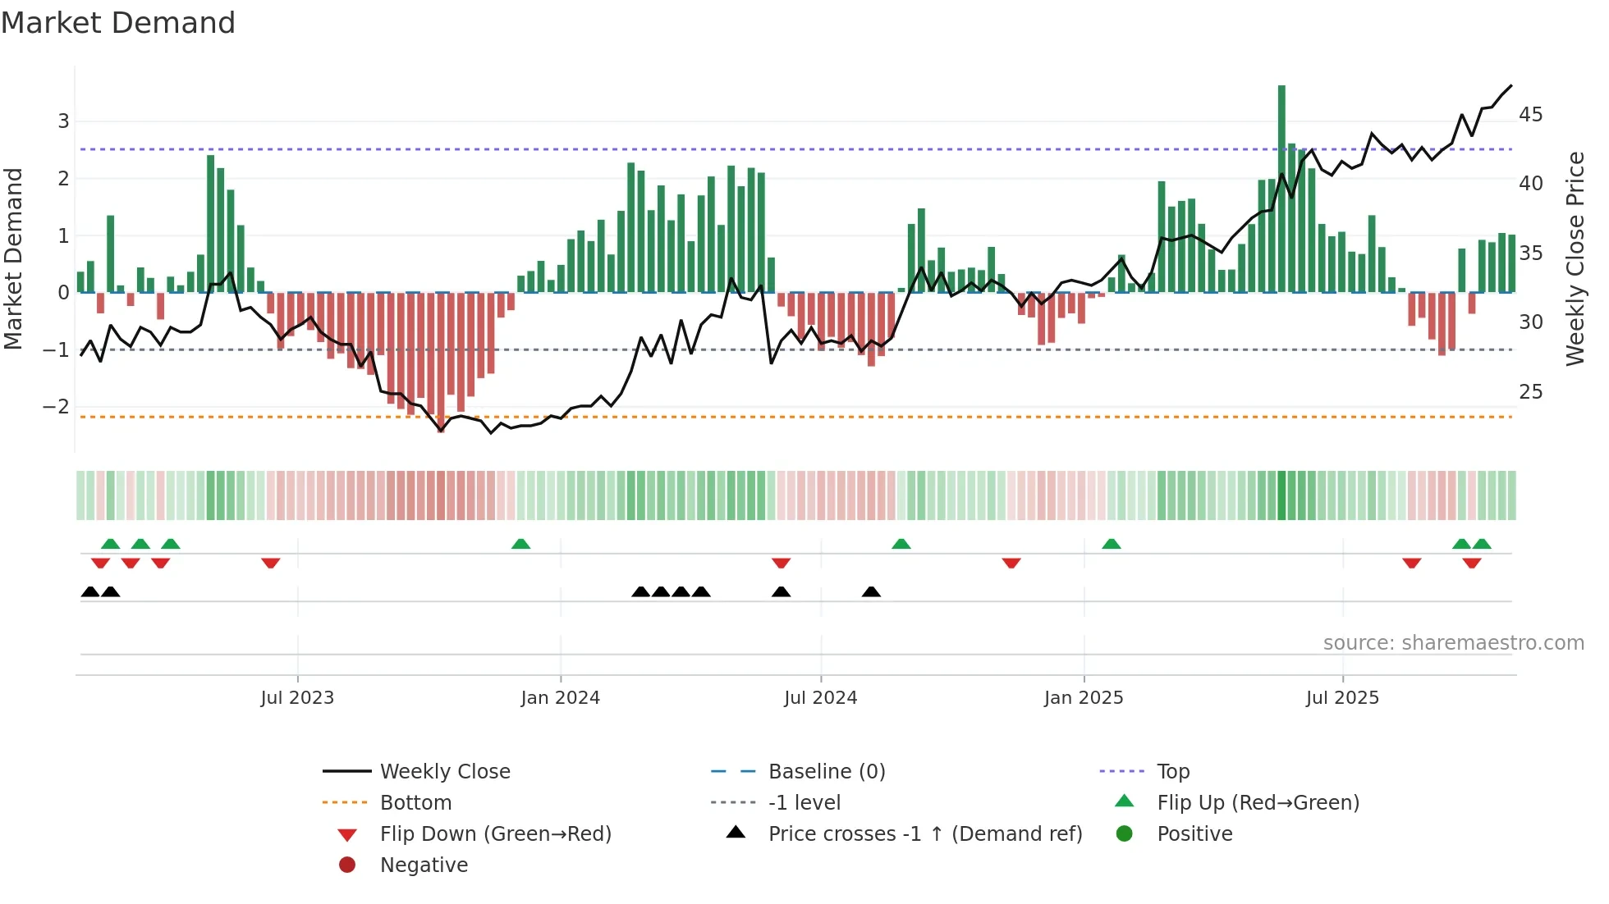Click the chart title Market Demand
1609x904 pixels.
pyautogui.click(x=118, y=23)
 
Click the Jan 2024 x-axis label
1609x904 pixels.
pyautogui.click(x=560, y=698)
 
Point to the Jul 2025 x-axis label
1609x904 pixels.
pyautogui.click(x=1342, y=698)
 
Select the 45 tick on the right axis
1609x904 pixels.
pyautogui.click(x=1530, y=115)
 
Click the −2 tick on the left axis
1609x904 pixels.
pyautogui.click(x=56, y=407)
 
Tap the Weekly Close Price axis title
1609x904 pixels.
pyautogui.click(x=1575, y=258)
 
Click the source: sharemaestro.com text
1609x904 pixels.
pyautogui.click(x=1453, y=643)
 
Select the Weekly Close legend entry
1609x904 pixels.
pyautogui.click(x=444, y=772)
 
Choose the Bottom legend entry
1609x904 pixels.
pyautogui.click(x=415, y=803)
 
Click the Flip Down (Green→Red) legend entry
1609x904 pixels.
pyautogui.click(x=495, y=834)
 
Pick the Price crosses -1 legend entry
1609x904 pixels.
pyautogui.click(x=924, y=834)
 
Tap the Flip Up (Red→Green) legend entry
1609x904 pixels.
pyautogui.click(x=1258, y=803)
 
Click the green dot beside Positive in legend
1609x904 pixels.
pyautogui.click(x=1125, y=834)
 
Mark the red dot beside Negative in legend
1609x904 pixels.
pyautogui.click(x=347, y=865)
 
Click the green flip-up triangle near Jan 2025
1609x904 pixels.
pyautogui.click(x=1111, y=544)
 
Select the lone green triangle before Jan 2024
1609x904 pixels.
pyautogui.click(x=520, y=544)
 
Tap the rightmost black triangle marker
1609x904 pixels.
pyautogui.click(x=871, y=592)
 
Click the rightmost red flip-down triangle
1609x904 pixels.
pyautogui.click(x=1472, y=563)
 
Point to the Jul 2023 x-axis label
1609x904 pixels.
pyautogui.click(x=297, y=698)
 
